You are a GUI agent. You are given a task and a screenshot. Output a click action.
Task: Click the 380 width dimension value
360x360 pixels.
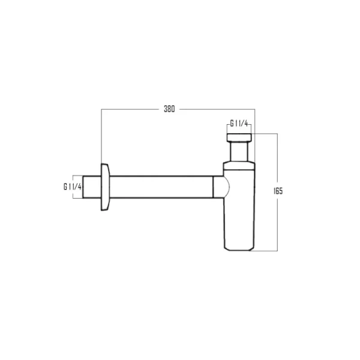click(x=169, y=109)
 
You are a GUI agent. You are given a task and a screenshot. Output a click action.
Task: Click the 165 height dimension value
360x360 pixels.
click(x=278, y=191)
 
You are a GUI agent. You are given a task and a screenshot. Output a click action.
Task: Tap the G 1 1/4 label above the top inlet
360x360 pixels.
click(x=239, y=124)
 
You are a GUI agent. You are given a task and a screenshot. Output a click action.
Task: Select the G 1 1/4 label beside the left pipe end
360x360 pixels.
click(x=73, y=187)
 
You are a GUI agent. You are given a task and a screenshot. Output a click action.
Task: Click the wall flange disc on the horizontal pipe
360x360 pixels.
click(x=106, y=187)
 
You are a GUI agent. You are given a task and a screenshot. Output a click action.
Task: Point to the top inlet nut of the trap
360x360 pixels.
click(x=239, y=137)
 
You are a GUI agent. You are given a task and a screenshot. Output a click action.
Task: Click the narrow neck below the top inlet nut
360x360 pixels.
click(x=239, y=152)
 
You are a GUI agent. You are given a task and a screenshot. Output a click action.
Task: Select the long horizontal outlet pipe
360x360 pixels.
click(x=161, y=187)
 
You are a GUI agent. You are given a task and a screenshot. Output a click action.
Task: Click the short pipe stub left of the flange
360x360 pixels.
click(x=92, y=187)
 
